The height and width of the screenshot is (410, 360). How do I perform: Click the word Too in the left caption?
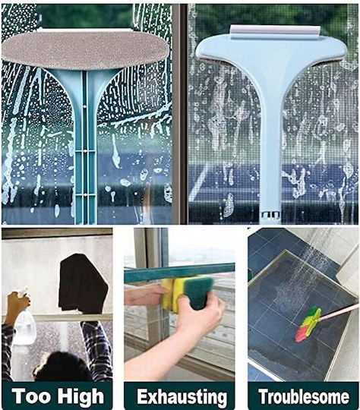[31, 396]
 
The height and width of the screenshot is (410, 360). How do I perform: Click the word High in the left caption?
[81, 396]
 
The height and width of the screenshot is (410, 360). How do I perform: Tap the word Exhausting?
[182, 397]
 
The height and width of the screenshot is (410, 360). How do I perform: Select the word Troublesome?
[304, 396]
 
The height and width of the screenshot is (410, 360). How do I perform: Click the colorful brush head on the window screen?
[308, 325]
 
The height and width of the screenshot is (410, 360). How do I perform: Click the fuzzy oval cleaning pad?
[85, 49]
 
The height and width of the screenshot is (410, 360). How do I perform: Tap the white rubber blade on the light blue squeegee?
[275, 32]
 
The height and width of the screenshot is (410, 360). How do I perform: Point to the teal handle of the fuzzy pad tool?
[85, 147]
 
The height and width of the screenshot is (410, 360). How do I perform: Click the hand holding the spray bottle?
[16, 307]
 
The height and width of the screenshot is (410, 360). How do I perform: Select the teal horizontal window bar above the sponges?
[179, 273]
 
